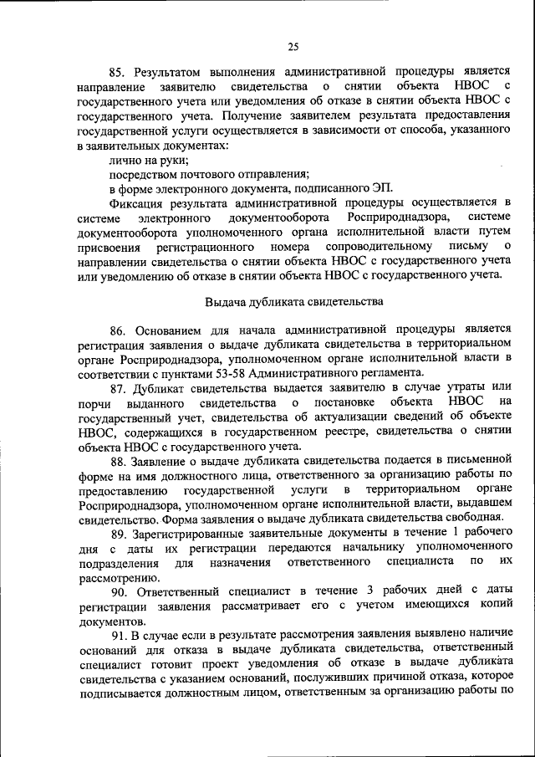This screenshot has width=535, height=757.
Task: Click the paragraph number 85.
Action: pos(118,71)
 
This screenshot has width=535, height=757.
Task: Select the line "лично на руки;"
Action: pos(148,159)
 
